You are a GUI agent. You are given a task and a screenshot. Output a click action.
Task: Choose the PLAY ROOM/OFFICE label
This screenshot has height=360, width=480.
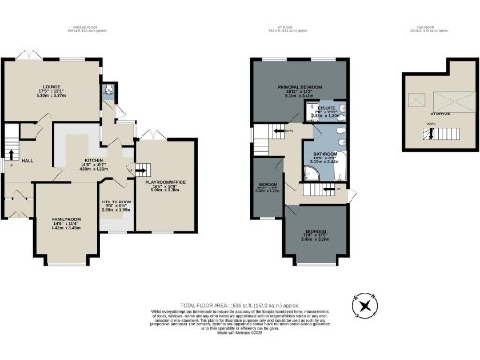click(x=165, y=186)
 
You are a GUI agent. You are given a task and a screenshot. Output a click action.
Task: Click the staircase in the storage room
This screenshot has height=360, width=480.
click(x=430, y=134)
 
